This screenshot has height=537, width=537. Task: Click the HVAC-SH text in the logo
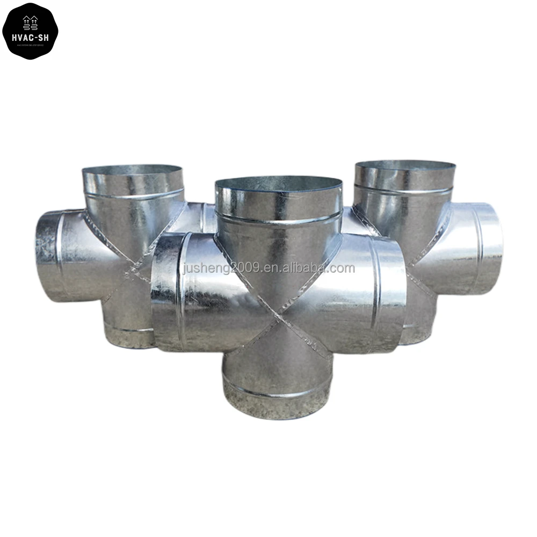pyautogui.click(x=30, y=37)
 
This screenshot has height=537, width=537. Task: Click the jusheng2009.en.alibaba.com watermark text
pyautogui.click(x=268, y=268)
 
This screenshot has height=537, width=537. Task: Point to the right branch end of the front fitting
pyautogui.click(x=392, y=295)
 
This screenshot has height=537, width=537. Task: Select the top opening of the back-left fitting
pyautogui.click(x=133, y=172)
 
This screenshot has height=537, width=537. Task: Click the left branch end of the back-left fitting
pyautogui.click(x=48, y=255)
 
